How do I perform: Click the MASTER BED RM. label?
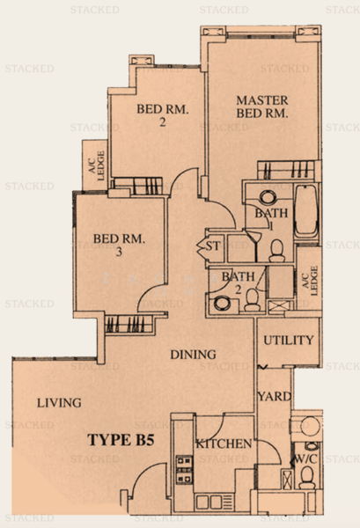262,106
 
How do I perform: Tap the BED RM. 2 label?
162,115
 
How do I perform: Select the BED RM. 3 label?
119,245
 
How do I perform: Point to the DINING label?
193,355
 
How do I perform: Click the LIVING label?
59,403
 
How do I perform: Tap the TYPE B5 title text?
121,440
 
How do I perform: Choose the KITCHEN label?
224,444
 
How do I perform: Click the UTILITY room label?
289,341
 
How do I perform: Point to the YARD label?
275,396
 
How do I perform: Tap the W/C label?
305,458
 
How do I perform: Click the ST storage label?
212,246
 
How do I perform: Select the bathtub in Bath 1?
306,210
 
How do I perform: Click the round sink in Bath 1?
268,197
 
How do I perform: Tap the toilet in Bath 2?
252,300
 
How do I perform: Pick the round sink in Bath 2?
223,303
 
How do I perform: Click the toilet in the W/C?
307,478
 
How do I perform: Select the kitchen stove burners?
184,469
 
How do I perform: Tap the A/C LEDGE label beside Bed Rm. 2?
96,165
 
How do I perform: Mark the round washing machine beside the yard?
309,426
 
